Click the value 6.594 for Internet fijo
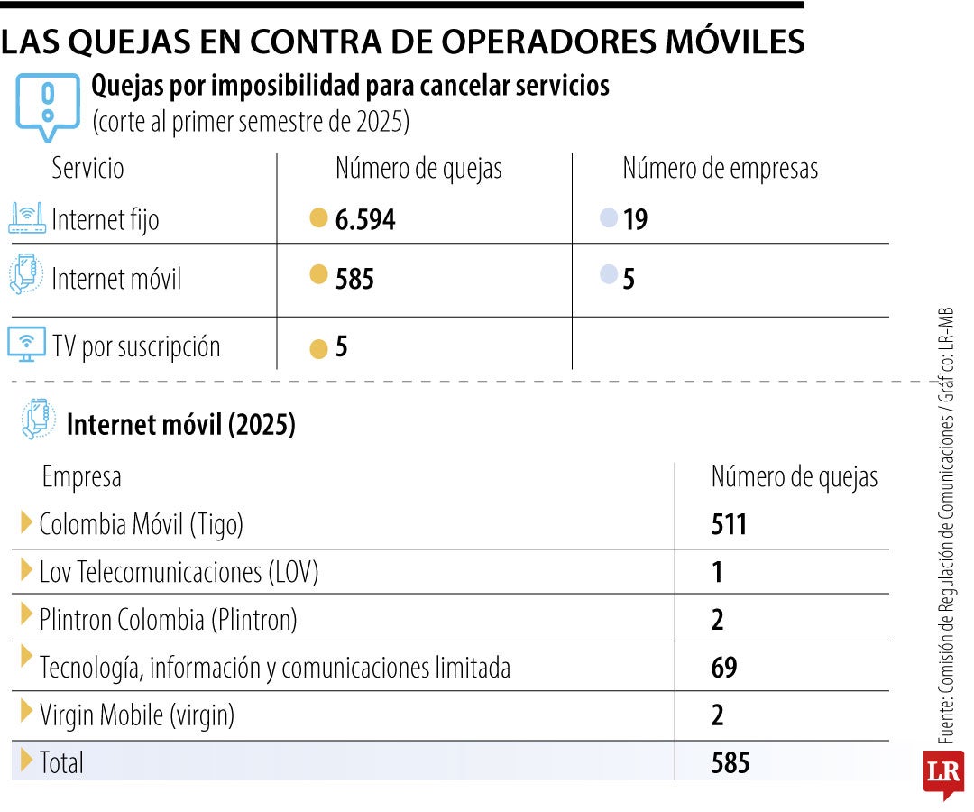coord(364,220)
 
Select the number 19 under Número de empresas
coord(635,220)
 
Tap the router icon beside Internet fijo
coord(26,218)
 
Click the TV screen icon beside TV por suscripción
coord(26,345)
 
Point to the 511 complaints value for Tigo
coord(729,523)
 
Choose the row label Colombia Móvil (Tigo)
coord(142,523)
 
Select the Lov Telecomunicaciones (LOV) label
coord(179,571)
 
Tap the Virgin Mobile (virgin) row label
coord(137,715)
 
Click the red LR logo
coord(942,773)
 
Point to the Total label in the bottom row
coord(61,763)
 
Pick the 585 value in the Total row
coord(730,763)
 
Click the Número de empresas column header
coord(720,169)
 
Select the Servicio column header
coord(87,169)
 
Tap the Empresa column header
coord(81,476)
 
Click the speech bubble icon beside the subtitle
coord(47,104)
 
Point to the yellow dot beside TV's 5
coord(317,349)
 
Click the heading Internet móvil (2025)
coord(180,425)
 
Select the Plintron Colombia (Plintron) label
coord(168,619)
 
